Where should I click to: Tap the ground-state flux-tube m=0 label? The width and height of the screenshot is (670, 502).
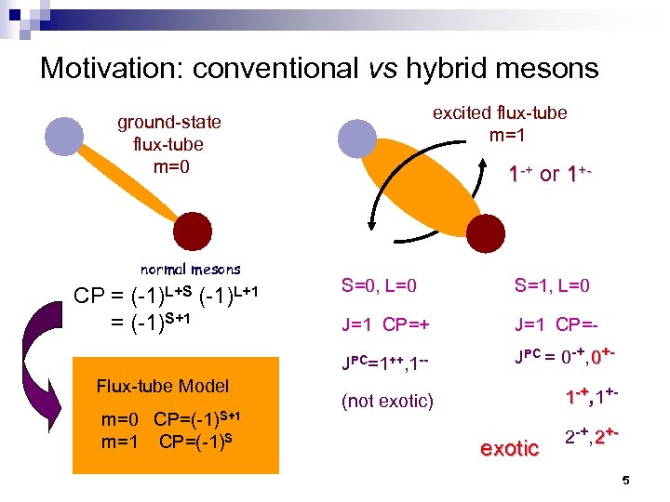coord(169,144)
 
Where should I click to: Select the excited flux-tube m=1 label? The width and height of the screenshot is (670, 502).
coord(499,123)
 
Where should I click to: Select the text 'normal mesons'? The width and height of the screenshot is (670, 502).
coord(190,270)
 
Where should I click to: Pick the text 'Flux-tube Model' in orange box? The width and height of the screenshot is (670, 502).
coord(163,386)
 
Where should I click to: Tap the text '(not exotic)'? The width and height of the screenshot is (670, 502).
coord(387,401)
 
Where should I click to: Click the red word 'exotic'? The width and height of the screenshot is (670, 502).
coord(509,449)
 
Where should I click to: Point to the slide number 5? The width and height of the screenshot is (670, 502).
coord(625,481)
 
